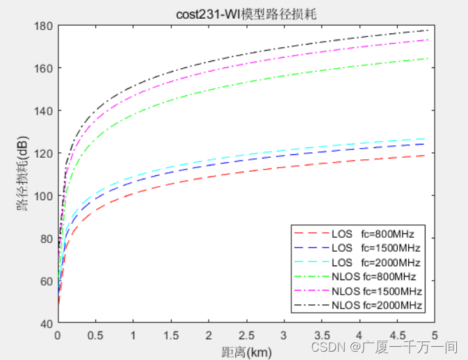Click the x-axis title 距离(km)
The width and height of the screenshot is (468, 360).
coord(246,352)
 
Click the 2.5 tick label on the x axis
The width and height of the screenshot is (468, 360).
coord(246,334)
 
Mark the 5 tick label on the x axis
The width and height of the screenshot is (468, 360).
coord(434,334)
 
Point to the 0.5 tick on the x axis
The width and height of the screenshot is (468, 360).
coord(96,334)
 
